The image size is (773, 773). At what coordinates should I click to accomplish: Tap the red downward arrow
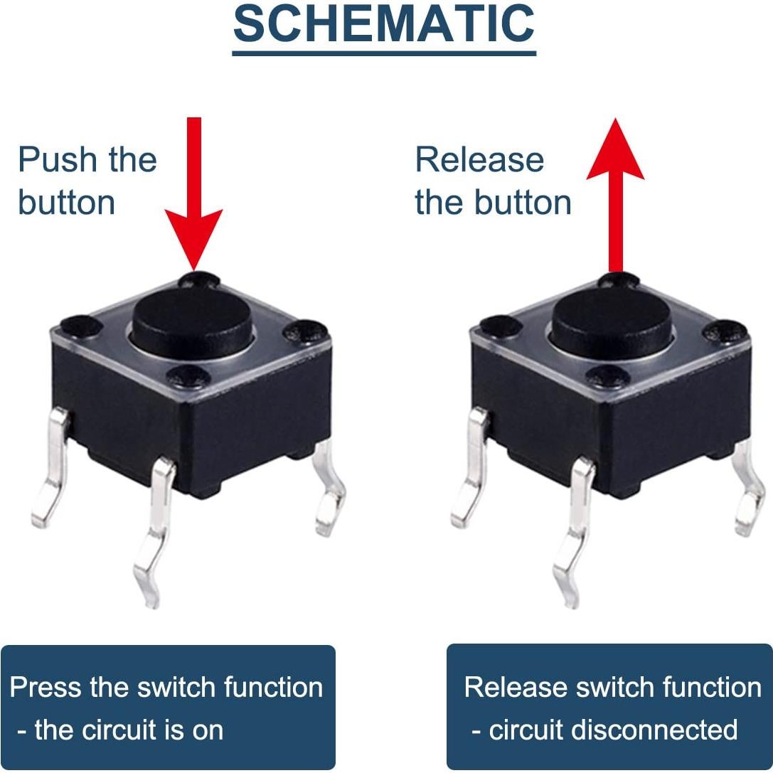193,193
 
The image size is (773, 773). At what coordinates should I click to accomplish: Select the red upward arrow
615,196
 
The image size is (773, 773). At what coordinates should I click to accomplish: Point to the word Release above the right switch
479,160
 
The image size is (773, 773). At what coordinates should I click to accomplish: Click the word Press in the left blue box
46,687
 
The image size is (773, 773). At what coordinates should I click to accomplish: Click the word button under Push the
67,202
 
